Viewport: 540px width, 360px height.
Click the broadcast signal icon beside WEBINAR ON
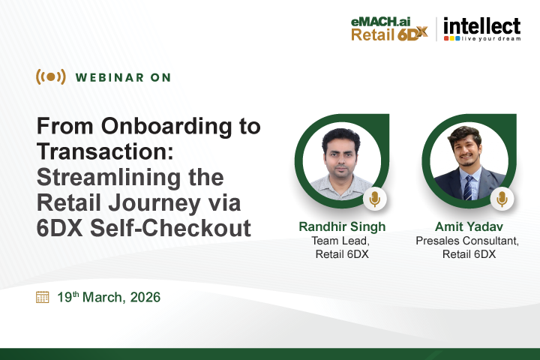[x=50, y=76]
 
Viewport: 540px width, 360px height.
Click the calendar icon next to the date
[x=43, y=297]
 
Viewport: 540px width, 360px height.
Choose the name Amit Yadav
[x=468, y=227]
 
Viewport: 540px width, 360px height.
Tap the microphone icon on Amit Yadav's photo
[x=502, y=199]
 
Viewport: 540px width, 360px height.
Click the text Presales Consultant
[x=467, y=241]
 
